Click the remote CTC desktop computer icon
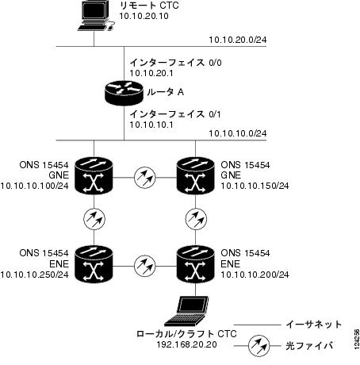(96, 15)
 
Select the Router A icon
(124, 93)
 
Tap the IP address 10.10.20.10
(144, 16)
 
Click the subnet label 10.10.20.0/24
(238, 40)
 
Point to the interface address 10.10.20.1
(151, 73)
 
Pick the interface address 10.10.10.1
(151, 125)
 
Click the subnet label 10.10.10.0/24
(238, 133)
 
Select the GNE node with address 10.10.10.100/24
(94, 176)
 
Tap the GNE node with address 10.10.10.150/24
(195, 176)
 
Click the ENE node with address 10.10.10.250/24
(94, 264)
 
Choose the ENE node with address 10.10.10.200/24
(195, 264)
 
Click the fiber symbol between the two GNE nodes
(145, 178)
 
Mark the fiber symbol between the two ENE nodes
(145, 266)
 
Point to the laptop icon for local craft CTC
(186, 311)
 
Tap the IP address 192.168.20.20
(187, 344)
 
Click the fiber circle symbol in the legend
(259, 346)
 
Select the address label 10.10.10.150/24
(255, 186)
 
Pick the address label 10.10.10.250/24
(35, 275)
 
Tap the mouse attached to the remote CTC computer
(111, 26)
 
